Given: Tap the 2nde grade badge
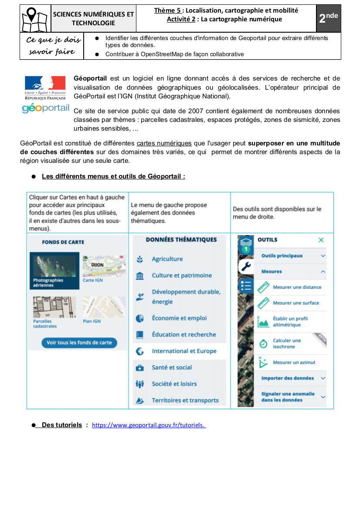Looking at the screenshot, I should (328, 18).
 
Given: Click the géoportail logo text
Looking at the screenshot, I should (45, 108).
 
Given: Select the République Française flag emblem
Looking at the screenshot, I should (45, 83).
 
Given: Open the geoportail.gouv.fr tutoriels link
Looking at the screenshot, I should (149, 425).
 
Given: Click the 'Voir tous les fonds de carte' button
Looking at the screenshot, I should (79, 343).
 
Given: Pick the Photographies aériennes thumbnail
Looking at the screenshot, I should (54, 270).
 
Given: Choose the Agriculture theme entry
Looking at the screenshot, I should (167, 259).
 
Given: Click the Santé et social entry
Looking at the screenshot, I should (172, 367).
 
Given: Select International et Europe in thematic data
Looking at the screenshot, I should (184, 351).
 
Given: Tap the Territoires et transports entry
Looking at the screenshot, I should (185, 401).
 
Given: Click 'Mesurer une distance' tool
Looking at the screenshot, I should (297, 287).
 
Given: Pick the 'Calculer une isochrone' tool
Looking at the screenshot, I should (287, 344).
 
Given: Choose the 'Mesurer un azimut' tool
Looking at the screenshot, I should (294, 362).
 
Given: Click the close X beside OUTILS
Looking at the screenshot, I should (321, 240).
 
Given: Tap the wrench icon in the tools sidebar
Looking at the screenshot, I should (246, 266).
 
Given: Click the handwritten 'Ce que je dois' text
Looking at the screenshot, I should (54, 40).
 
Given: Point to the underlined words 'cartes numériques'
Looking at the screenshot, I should (164, 143).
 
